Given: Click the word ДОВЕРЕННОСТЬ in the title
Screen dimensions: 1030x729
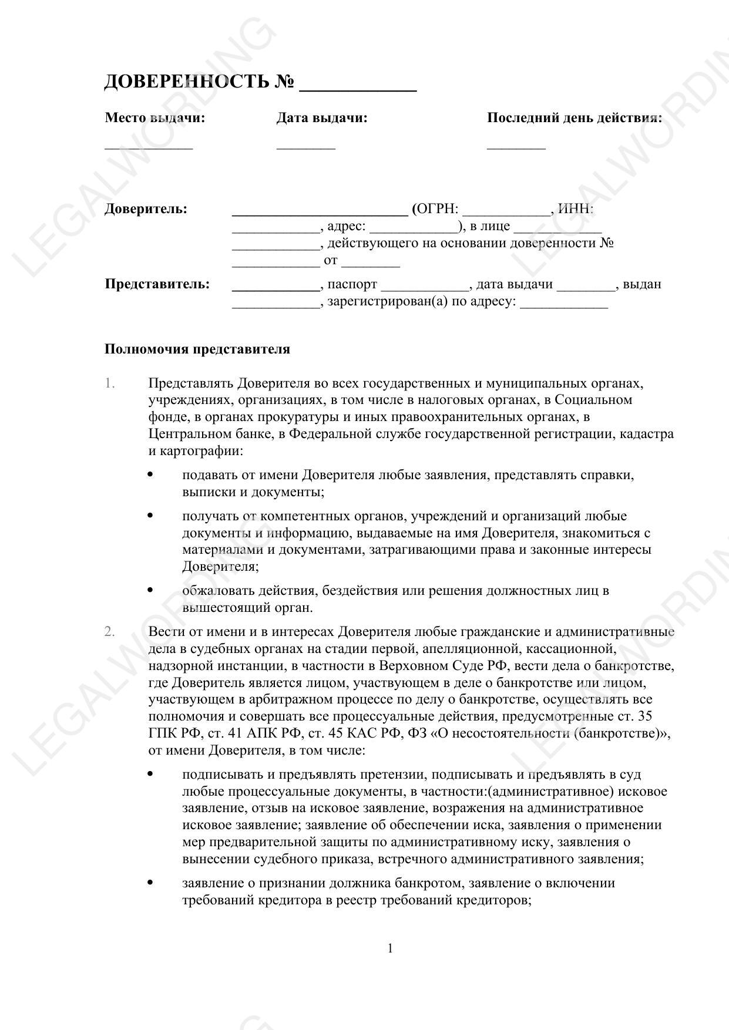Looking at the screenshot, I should point(186,82).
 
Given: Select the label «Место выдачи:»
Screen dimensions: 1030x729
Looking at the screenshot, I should point(155,118).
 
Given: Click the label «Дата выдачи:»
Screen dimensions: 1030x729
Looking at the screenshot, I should point(322,118).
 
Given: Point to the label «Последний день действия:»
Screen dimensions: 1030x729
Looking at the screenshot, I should point(574,118).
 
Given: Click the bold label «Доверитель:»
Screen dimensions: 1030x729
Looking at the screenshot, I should point(146,209).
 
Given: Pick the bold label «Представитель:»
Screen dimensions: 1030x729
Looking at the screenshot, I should point(157,284).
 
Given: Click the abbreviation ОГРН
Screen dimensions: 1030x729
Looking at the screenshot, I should point(437,209).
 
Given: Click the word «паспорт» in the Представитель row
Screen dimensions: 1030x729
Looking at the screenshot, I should point(352,284).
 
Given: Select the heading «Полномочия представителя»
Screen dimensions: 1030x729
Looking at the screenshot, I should point(197,349).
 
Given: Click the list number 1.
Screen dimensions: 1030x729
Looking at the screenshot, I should point(110,383).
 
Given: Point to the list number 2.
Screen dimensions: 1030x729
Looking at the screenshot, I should point(110,632).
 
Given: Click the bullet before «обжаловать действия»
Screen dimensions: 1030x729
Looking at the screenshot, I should point(150,590).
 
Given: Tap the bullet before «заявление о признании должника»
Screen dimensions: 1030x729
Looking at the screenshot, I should point(150,882).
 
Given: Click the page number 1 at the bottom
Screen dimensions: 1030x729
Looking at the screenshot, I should point(390,948).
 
